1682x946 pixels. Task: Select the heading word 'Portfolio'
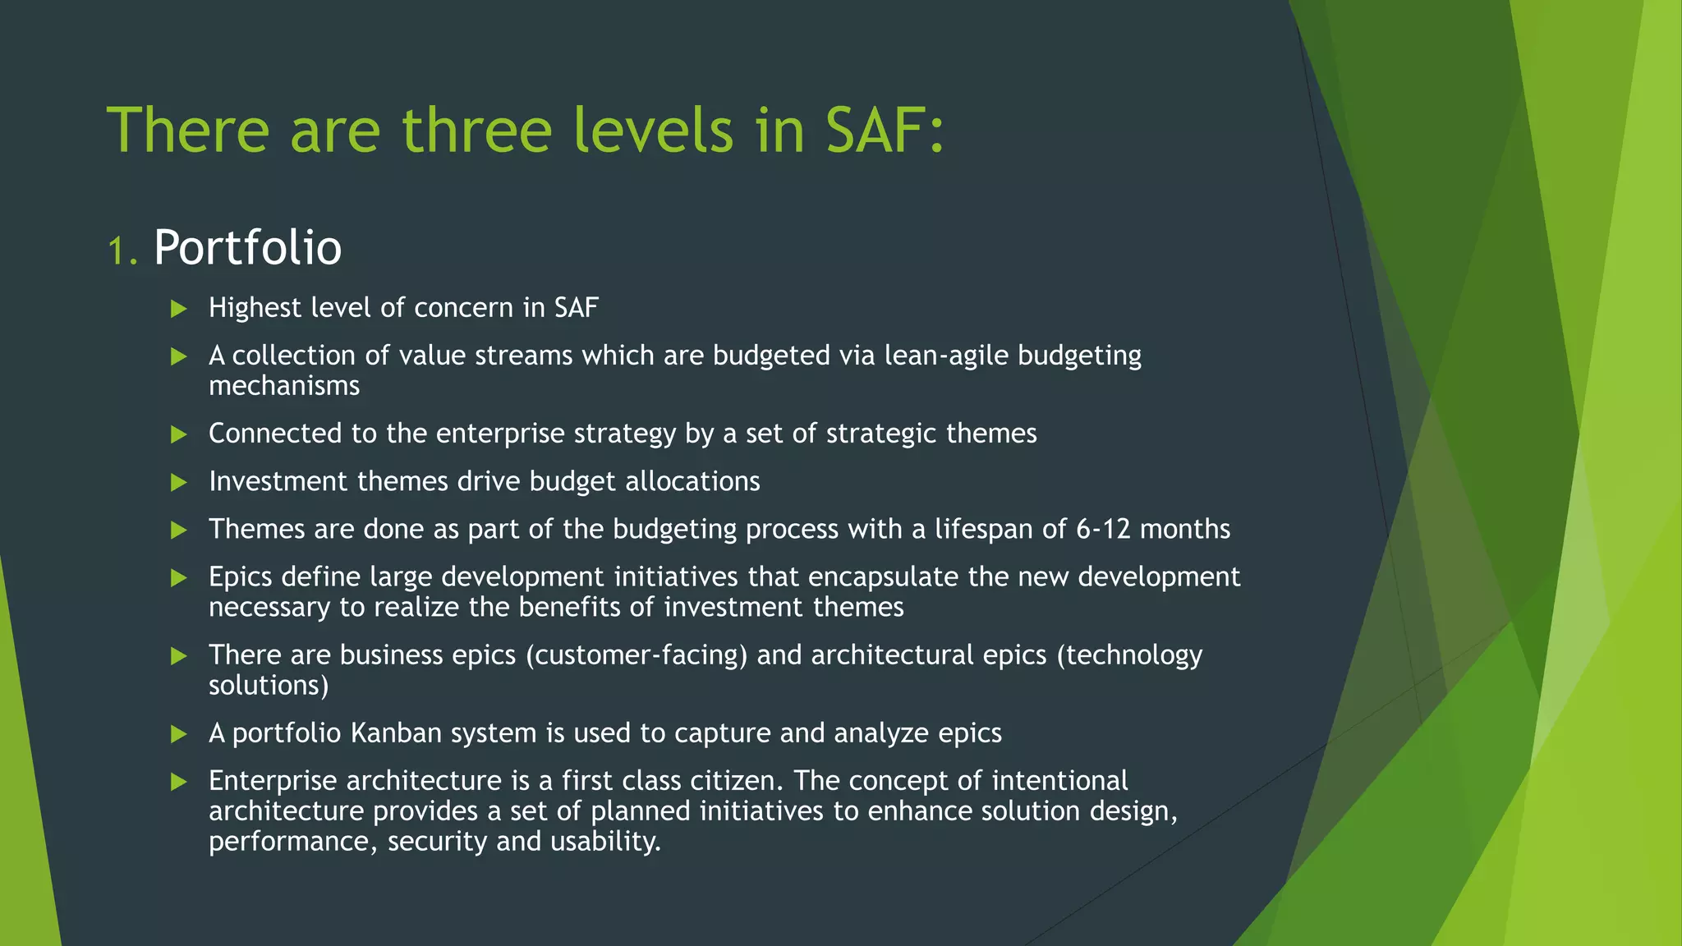(247, 247)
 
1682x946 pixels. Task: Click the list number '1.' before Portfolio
(122, 250)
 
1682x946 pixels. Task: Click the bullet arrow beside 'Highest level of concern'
(179, 309)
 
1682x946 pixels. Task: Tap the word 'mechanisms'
(284, 386)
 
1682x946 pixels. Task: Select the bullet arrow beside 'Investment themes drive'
(179, 482)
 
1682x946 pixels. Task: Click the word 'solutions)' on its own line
(269, 686)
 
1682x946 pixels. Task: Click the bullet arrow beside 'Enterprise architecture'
(179, 782)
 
